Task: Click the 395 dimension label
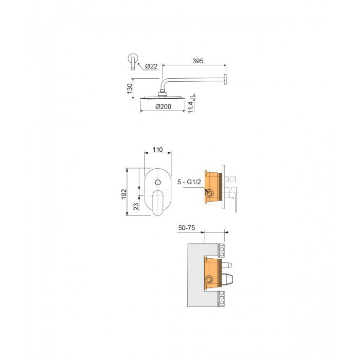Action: coord(197,61)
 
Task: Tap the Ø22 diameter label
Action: coord(151,66)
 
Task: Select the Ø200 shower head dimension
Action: coord(163,106)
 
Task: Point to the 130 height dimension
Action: coord(130,88)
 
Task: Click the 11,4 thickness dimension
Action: coord(191,107)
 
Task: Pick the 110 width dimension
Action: coord(157,150)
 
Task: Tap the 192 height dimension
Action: coord(124,194)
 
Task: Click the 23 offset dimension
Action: coord(136,206)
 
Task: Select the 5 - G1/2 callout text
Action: coord(189,182)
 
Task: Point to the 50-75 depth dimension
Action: coord(187,228)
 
